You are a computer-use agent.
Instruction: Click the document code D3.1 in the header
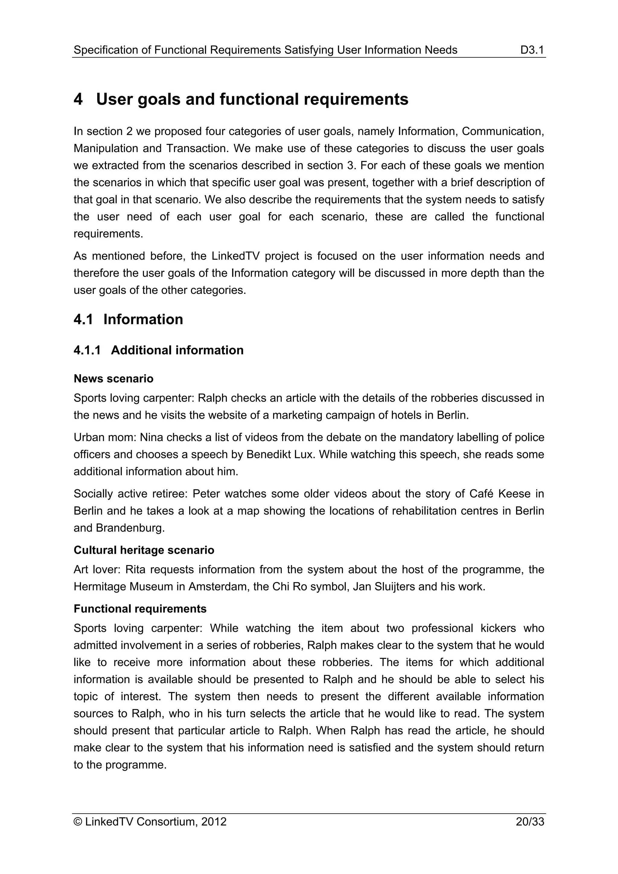click(x=532, y=50)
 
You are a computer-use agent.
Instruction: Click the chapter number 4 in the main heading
click(x=78, y=99)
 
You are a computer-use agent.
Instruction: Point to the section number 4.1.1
click(x=87, y=350)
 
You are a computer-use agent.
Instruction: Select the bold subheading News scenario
click(x=113, y=379)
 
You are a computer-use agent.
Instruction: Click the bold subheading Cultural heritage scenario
click(x=144, y=550)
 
